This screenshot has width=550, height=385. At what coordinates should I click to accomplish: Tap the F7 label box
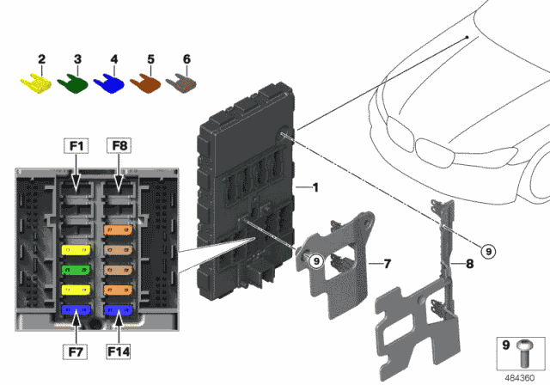click(75, 351)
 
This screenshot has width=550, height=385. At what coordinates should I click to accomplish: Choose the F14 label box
click(119, 351)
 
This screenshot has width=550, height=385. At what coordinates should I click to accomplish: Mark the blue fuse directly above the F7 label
click(75, 310)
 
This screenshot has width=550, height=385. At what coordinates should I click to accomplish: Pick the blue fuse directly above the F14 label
click(116, 310)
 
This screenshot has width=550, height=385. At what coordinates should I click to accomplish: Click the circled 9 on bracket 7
click(315, 260)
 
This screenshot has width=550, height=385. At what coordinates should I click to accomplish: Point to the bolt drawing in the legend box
click(527, 349)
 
